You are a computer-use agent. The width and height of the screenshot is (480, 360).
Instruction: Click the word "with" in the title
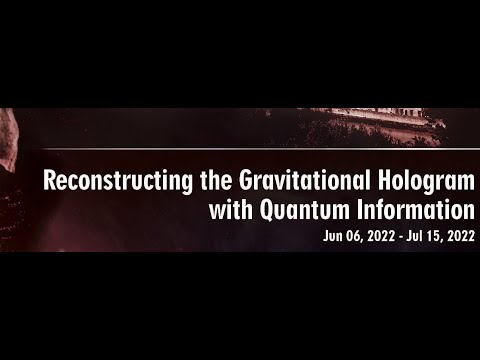pyautogui.click(x=231, y=210)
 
